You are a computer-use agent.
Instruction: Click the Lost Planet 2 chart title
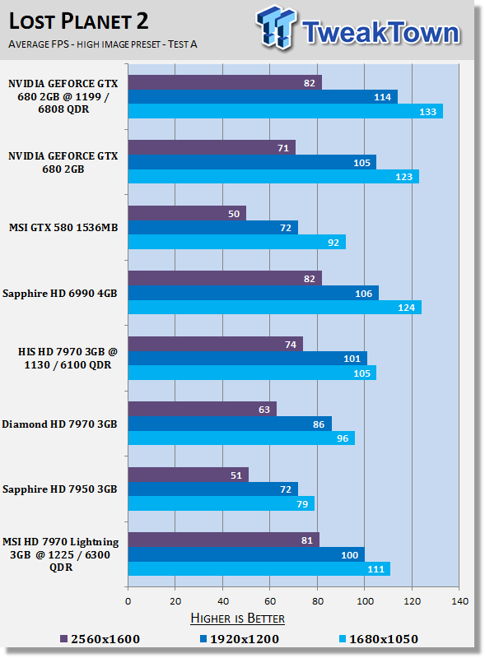78,21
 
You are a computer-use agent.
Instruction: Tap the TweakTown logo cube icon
277,27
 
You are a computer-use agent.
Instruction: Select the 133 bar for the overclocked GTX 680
286,111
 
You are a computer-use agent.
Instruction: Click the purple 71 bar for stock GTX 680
212,147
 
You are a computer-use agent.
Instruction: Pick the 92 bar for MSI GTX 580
237,242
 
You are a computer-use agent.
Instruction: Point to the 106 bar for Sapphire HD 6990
254,293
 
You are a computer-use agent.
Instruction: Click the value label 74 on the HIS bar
291,345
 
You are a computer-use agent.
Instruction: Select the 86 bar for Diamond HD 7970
230,424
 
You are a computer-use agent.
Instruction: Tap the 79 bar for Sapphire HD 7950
222,503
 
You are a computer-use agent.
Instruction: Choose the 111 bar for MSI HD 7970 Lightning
259,569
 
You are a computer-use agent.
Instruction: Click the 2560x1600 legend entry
100,639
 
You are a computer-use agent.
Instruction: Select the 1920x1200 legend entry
239,639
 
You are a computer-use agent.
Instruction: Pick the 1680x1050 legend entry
378,639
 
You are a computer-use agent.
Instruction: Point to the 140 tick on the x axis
459,601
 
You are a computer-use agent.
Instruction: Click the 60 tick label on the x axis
270,601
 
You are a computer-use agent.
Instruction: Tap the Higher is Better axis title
237,619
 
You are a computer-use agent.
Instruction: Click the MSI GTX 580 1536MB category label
63,228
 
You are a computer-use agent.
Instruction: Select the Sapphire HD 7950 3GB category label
59,489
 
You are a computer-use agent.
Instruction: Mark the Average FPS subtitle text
103,44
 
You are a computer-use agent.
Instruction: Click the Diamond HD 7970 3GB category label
59,424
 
